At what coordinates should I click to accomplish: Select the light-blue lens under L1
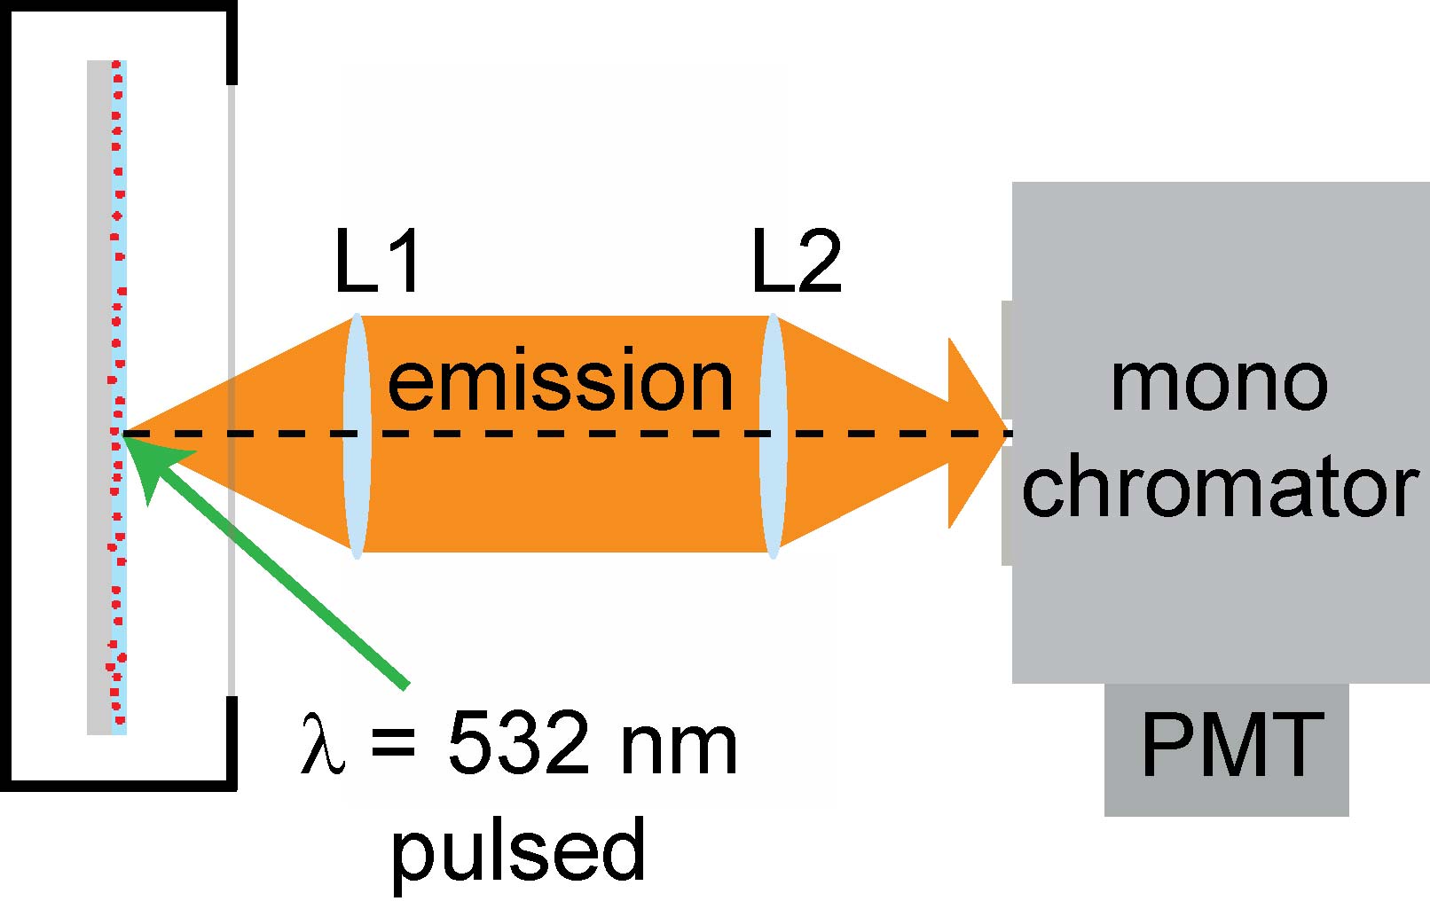click(x=357, y=435)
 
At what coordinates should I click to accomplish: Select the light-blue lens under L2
click(x=773, y=435)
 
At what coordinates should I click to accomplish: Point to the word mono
click(x=1219, y=383)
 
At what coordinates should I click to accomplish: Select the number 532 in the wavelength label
click(x=518, y=745)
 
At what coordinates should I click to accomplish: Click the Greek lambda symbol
click(x=322, y=747)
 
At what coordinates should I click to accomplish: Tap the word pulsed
click(x=518, y=850)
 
